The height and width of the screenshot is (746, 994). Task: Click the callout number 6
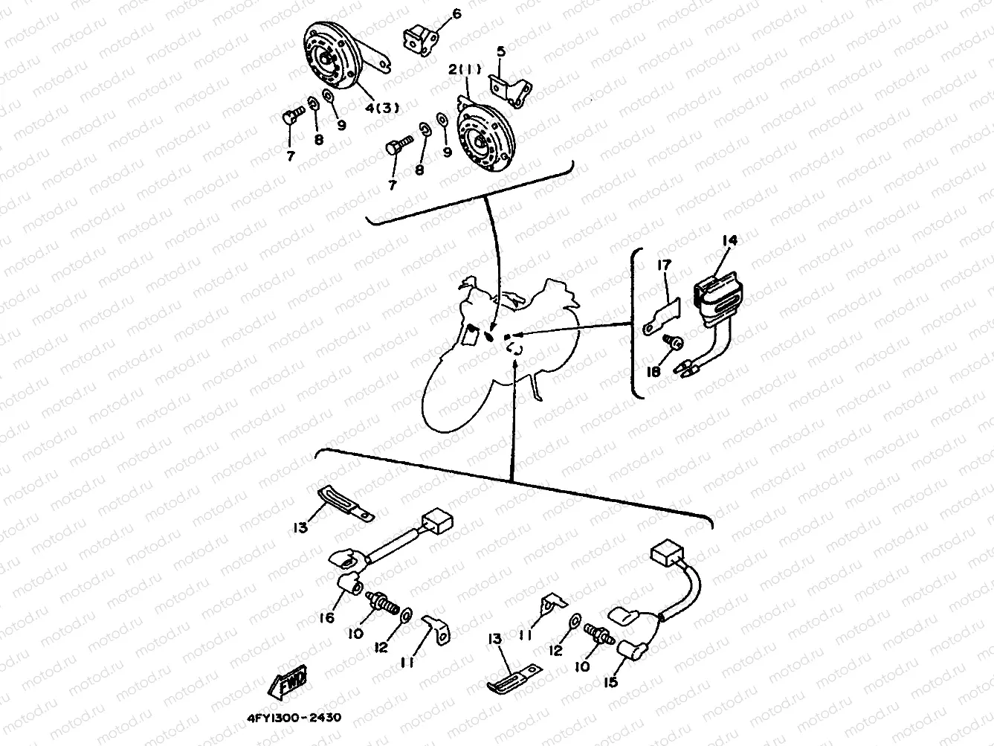click(456, 13)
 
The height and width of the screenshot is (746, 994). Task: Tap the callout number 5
click(501, 51)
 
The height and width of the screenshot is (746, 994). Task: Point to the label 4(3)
click(381, 107)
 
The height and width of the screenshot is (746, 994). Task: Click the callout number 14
click(729, 240)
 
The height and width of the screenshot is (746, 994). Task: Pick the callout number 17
click(663, 265)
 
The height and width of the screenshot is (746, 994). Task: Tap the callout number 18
click(653, 370)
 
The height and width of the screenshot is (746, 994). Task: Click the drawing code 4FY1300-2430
click(293, 719)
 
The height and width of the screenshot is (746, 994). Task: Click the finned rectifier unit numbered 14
click(717, 298)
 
